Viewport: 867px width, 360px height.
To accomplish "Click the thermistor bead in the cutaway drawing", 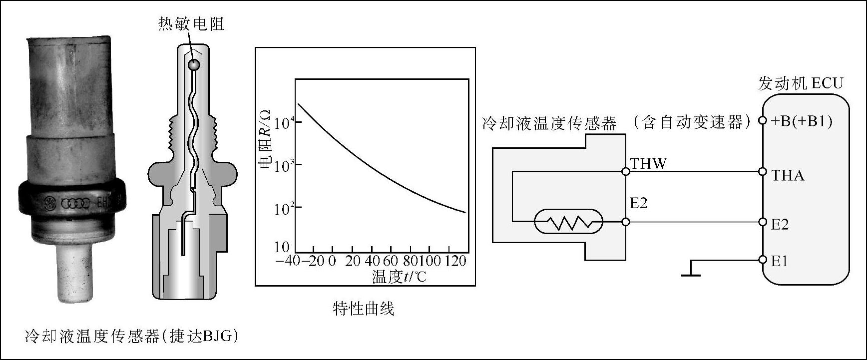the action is pyautogui.click(x=193, y=64).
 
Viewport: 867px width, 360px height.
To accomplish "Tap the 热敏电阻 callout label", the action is pyautogui.click(x=191, y=23).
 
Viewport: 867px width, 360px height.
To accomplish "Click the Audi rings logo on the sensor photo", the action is pyautogui.click(x=74, y=203).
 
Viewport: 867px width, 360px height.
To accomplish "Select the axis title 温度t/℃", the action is pyautogui.click(x=399, y=276).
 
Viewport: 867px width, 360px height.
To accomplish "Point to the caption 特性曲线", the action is pyautogui.click(x=364, y=309).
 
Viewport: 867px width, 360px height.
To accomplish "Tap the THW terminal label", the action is pyautogui.click(x=648, y=164).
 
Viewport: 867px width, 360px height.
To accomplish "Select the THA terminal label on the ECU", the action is pyautogui.click(x=788, y=175).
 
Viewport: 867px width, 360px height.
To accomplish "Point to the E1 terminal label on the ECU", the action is pyautogui.click(x=779, y=261).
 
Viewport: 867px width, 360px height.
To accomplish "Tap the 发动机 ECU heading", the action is pyautogui.click(x=800, y=83).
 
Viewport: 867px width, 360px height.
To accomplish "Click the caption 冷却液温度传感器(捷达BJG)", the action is pyautogui.click(x=131, y=336).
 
